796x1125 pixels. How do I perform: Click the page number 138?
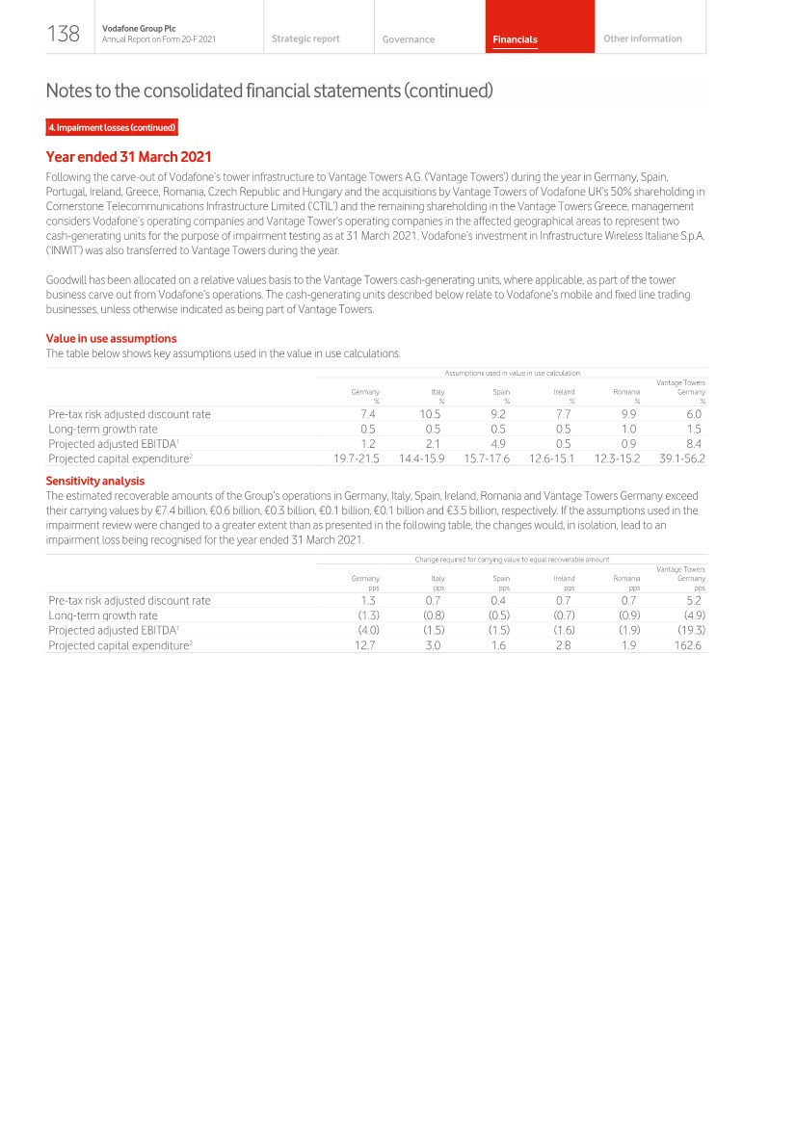(64, 35)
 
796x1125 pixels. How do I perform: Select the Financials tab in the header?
(515, 39)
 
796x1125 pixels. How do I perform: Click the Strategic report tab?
(305, 39)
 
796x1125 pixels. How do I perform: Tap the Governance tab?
(408, 39)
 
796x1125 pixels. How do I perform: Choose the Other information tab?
(642, 39)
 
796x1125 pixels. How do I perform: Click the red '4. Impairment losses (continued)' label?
(112, 128)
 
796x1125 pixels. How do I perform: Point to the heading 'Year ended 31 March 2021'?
(128, 157)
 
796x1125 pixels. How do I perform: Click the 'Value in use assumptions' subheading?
(111, 338)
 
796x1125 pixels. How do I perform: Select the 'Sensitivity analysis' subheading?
(95, 481)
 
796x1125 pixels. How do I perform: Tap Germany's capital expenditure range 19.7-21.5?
(356, 458)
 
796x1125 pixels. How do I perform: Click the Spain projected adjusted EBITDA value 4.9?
(498, 444)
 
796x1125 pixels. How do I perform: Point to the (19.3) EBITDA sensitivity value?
(692, 630)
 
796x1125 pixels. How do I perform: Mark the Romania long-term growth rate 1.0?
(628, 429)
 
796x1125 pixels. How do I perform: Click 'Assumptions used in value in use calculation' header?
(512, 373)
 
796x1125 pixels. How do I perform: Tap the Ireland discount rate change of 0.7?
(564, 600)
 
